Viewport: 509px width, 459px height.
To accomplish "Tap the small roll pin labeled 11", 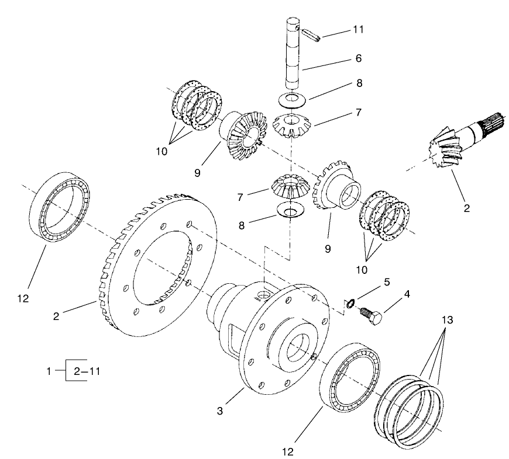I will tap(310, 34).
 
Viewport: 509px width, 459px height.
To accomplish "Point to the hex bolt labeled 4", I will tap(370, 318).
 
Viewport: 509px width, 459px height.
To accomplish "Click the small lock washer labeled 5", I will tap(349, 303).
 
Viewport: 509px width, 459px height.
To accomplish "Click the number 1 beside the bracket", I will tap(50, 370).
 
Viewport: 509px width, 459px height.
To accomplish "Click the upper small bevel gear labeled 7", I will tap(291, 125).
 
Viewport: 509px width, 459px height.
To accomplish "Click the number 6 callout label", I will tap(358, 58).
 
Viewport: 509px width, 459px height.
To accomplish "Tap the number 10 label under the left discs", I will tap(162, 151).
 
